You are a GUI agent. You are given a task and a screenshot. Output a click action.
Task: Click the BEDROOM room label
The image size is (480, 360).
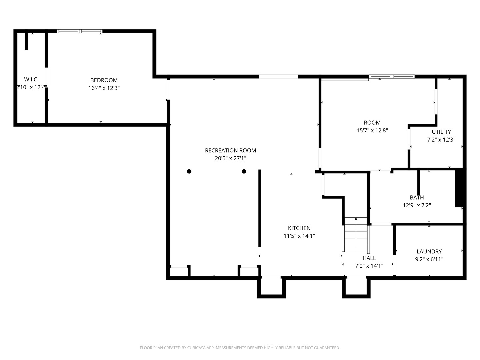click(104, 80)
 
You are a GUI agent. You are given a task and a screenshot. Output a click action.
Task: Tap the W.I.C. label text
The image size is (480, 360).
click(31, 79)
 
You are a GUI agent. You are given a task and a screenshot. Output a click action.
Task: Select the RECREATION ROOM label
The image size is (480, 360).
click(230, 150)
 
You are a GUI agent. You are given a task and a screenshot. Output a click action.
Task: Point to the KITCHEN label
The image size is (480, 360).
click(299, 228)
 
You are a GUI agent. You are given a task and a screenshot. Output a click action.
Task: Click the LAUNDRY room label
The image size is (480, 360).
click(429, 251)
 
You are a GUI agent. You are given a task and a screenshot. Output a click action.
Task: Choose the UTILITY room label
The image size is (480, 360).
click(441, 132)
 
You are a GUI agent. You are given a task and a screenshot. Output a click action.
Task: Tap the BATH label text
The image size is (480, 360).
click(417, 197)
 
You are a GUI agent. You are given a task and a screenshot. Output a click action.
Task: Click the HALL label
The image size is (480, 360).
click(369, 258)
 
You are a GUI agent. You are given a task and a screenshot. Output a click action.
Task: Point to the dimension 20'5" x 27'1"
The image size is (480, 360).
click(230, 158)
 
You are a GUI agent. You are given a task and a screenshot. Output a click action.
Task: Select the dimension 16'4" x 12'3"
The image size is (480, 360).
click(104, 88)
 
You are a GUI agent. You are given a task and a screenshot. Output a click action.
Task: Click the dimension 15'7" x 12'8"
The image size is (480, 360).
click(372, 130)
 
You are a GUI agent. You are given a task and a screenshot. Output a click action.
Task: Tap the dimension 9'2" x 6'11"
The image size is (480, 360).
click(429, 259)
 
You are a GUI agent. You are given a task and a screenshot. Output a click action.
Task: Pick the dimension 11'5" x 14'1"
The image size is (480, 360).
click(299, 236)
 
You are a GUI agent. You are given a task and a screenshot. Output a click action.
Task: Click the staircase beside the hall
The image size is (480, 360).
click(356, 235)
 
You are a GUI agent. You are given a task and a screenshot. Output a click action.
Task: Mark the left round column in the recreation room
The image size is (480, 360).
click(189, 171)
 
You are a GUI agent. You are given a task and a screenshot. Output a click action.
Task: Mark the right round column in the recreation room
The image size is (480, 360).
click(244, 171)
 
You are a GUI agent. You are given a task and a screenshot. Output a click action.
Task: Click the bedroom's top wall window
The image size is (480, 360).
click(80, 31)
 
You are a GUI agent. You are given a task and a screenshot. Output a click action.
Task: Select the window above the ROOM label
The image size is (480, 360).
click(392, 77)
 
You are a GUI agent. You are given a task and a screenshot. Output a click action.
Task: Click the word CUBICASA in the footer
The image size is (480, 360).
click(196, 348)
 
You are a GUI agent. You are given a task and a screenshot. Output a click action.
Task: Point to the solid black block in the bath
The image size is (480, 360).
click(459, 187)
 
